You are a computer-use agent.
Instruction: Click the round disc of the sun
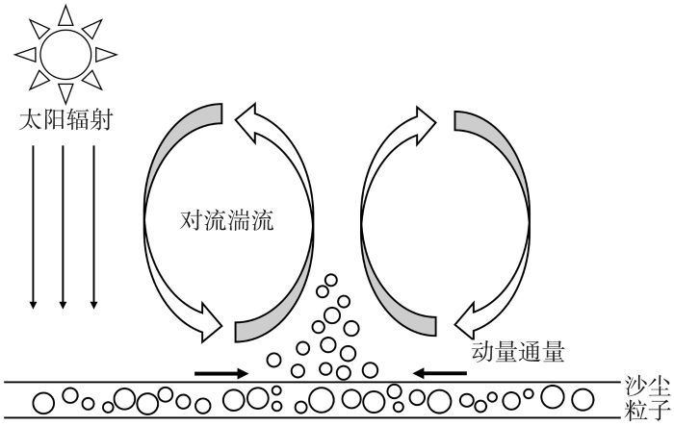pyautogui.click(x=65, y=55)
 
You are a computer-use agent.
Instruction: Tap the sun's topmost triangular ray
pyautogui.click(x=65, y=16)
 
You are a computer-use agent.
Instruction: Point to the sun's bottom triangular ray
pyautogui.click(x=65, y=92)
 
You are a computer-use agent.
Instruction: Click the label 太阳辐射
pyautogui.click(x=65, y=120)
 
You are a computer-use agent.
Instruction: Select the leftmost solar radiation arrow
pyautogui.click(x=33, y=227)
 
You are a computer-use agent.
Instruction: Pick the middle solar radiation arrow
pyautogui.click(x=63, y=227)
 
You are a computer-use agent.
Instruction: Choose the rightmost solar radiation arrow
pyautogui.click(x=93, y=227)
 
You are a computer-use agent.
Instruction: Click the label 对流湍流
pyautogui.click(x=226, y=220)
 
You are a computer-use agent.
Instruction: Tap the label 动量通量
pyautogui.click(x=518, y=352)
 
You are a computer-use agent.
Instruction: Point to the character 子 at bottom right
pyautogui.click(x=660, y=410)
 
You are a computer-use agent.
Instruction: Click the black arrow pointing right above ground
pyautogui.click(x=221, y=373)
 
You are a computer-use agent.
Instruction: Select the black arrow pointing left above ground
pyautogui.click(x=439, y=373)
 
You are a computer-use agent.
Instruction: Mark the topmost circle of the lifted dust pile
pyautogui.click(x=330, y=280)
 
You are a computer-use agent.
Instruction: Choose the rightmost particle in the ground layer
pyautogui.click(x=583, y=399)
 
